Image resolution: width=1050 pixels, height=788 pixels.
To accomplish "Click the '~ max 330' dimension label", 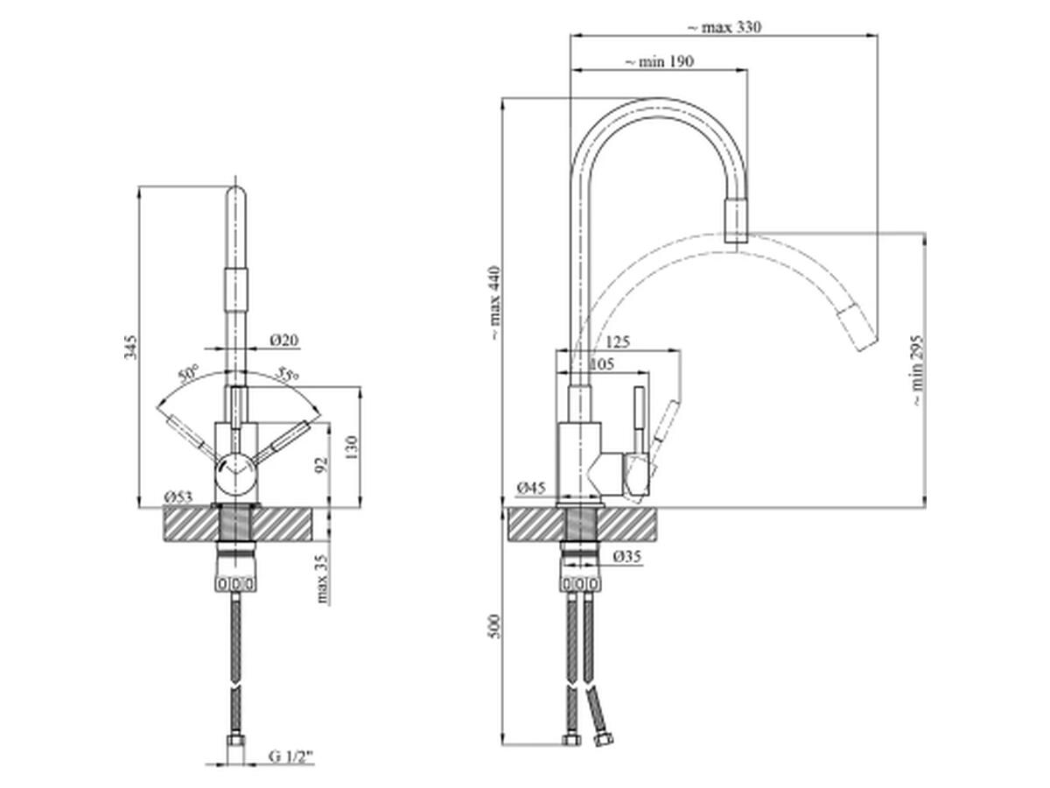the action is [x=724, y=27].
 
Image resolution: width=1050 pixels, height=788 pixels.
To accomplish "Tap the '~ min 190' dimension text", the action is [x=659, y=61].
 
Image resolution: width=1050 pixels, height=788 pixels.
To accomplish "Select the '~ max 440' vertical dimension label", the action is [x=495, y=303].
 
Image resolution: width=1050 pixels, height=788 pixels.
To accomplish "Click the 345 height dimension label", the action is [x=130, y=348].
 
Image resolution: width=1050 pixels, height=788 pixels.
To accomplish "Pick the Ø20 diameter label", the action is [x=283, y=341].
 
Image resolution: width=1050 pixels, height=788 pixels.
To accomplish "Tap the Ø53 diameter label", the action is [x=178, y=497].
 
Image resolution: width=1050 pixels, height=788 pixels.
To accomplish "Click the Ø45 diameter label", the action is [x=531, y=488].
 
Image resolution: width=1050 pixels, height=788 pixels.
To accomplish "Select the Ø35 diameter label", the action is [x=627, y=557].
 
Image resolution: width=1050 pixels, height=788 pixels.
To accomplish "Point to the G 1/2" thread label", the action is [x=290, y=770].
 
